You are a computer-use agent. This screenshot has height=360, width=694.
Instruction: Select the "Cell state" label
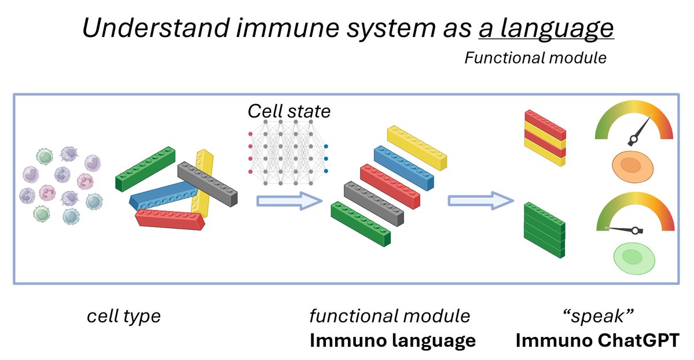[289, 111]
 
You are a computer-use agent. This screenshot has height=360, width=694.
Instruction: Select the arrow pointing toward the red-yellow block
[481, 200]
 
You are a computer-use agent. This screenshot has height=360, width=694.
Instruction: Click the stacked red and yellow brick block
[545, 138]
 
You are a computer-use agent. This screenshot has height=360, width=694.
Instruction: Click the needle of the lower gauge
[623, 230]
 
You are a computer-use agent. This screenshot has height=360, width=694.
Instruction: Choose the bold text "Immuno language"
[392, 341]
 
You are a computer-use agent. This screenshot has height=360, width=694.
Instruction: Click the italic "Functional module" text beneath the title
[535, 58]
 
